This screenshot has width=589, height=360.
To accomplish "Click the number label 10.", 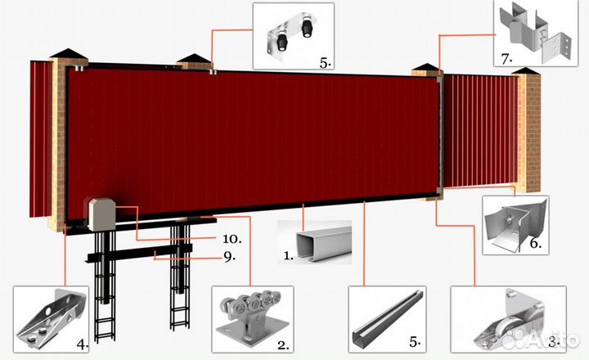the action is pyautogui.click(x=232, y=239).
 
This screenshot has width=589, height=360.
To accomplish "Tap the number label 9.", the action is pyautogui.click(x=229, y=257).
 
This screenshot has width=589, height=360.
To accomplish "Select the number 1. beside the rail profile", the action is pyautogui.click(x=288, y=256).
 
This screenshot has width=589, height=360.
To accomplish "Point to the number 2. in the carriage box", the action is pyautogui.click(x=283, y=345).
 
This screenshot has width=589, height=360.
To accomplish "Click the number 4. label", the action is pyautogui.click(x=83, y=344).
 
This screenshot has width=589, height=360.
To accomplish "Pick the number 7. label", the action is pyautogui.click(x=506, y=59).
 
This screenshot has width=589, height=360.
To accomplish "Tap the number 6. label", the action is pyautogui.click(x=536, y=244).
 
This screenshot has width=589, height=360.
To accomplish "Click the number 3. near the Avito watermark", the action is pyautogui.click(x=555, y=342).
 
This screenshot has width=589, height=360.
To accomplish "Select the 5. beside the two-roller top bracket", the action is pyautogui.click(x=326, y=63).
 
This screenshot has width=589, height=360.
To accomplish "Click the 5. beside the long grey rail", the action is pyautogui.click(x=415, y=342).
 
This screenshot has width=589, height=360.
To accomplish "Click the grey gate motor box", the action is pyautogui.click(x=102, y=214).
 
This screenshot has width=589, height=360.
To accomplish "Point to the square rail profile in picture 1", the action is pyautogui.click(x=323, y=242).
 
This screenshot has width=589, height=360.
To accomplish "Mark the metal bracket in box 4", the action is pyautogui.click(x=51, y=319).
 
